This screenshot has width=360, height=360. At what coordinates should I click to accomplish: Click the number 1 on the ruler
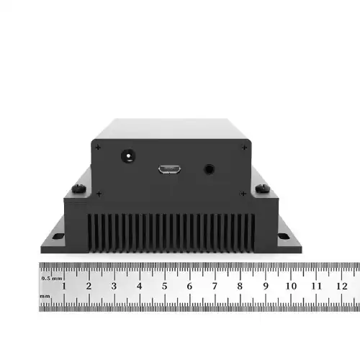click(x=64, y=286)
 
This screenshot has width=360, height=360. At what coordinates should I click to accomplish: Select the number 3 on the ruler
click(x=114, y=286)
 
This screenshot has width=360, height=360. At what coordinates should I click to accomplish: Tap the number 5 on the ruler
click(x=164, y=286)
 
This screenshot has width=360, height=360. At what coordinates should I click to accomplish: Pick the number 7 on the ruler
click(x=215, y=286)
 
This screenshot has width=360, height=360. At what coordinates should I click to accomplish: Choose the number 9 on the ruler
click(x=265, y=286)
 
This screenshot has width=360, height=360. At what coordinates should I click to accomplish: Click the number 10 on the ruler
click(x=291, y=286)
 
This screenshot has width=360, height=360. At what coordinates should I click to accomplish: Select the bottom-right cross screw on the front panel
click(x=243, y=193)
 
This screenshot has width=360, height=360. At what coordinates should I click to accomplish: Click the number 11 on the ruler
click(x=316, y=286)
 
